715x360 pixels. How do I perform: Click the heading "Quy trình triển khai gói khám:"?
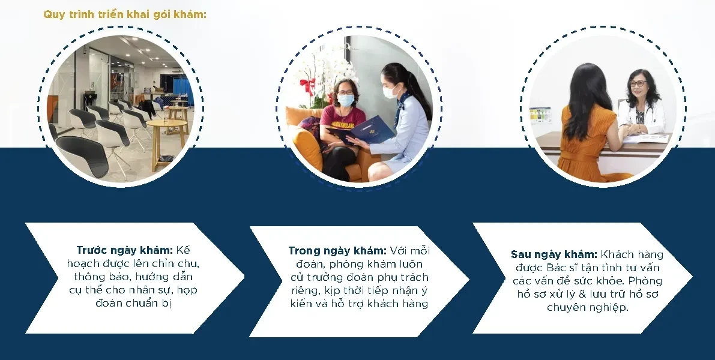(125, 14)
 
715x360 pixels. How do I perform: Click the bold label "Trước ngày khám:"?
(124, 250)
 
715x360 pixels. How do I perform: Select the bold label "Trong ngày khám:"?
(337, 251)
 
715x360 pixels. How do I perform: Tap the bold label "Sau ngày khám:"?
(554, 254)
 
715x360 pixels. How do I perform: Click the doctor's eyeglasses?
(638, 83)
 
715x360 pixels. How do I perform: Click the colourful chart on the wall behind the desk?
(540, 115)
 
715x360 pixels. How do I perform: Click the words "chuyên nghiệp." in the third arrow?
(588, 308)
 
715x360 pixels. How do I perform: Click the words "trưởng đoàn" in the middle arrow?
(344, 277)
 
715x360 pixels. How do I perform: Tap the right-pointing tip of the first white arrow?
(244, 277)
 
